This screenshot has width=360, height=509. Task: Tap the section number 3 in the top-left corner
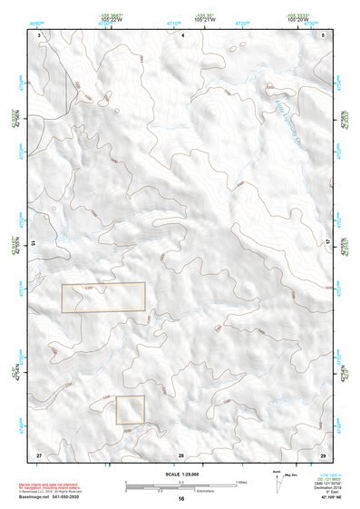tap(40, 34)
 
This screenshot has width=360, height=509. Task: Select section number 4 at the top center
tap(182, 34)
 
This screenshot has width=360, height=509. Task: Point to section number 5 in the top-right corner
tap(324, 34)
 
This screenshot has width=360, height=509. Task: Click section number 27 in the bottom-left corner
tap(39, 453)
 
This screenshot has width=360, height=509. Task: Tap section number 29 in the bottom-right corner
tap(323, 453)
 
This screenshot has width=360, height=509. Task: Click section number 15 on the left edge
tap(33, 244)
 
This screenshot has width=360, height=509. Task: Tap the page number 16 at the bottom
tap(181, 499)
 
